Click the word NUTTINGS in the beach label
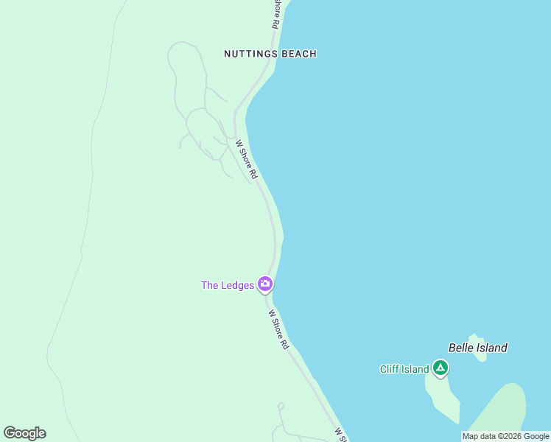[251, 54]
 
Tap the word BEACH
[299, 54]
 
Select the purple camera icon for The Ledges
[265, 284]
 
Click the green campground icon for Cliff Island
[441, 368]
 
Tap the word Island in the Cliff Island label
[415, 369]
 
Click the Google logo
[24, 433]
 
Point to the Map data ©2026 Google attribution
[505, 436]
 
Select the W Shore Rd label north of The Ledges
[246, 159]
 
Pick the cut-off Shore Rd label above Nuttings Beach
[275, 13]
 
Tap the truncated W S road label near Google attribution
[340, 435]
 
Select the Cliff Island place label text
[404, 369]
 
